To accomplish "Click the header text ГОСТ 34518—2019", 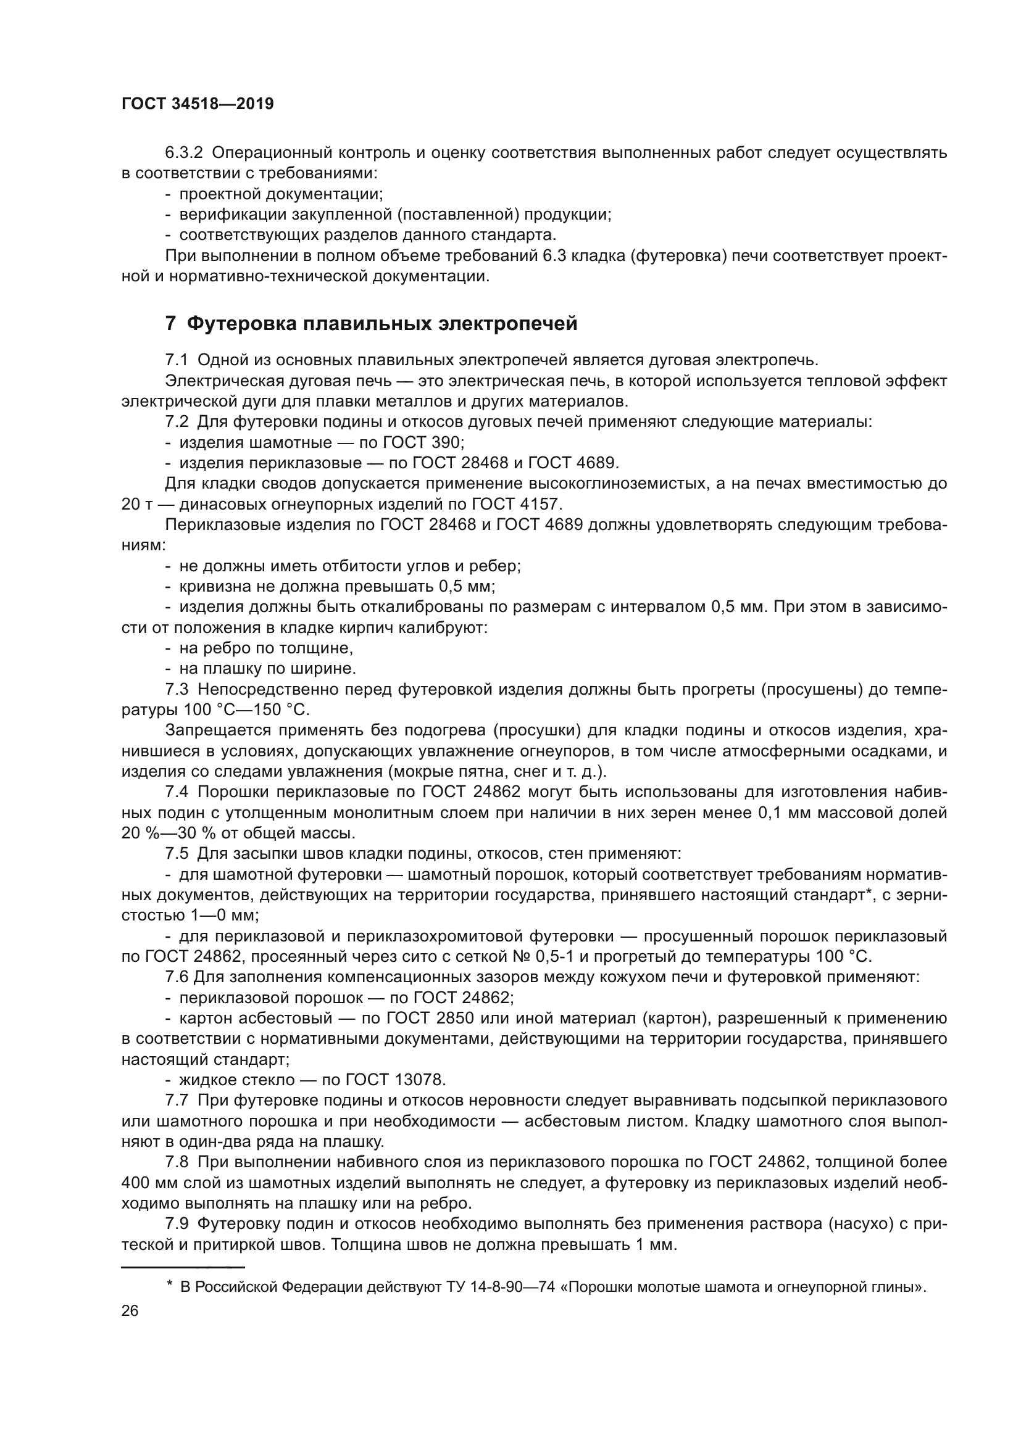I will click(198, 104).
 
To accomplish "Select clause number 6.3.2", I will click(183, 153).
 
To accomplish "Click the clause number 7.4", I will click(177, 792).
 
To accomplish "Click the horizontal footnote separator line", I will click(182, 1268).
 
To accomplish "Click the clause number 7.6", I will click(177, 977).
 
